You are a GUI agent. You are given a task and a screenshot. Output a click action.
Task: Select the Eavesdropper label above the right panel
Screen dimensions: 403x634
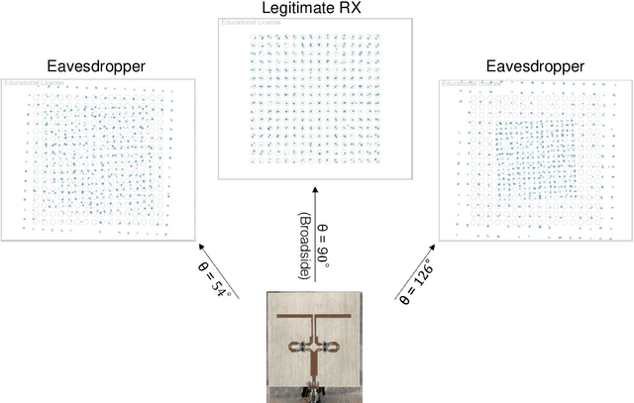[535, 67]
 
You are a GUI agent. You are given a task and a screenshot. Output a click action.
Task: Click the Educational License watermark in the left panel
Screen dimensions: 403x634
[29, 83]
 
